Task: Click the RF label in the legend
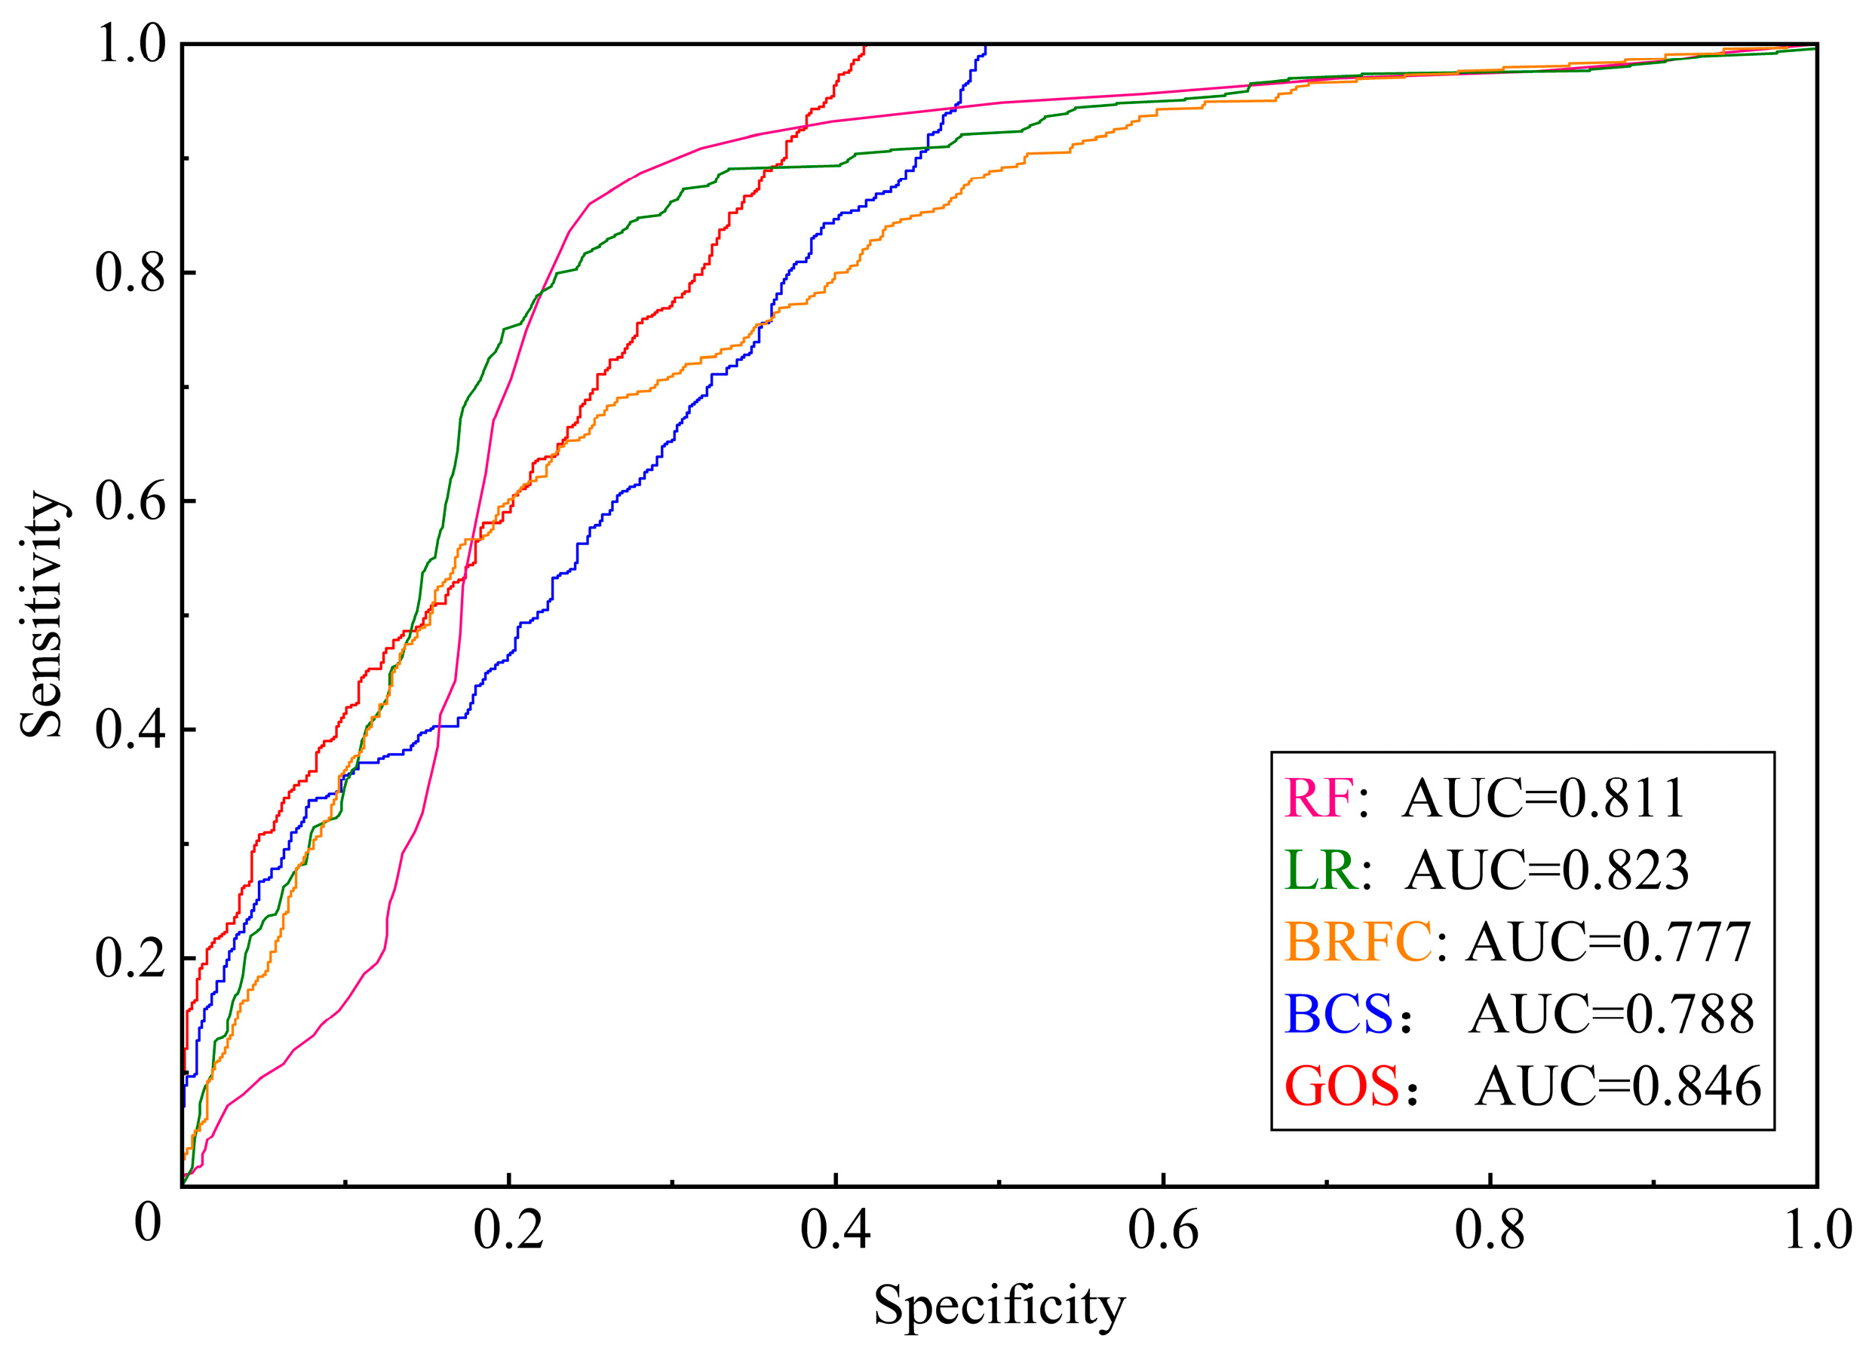pos(1319,798)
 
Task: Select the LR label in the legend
pos(1321,870)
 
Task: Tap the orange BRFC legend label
pos(1358,942)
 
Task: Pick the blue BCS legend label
pos(1339,1013)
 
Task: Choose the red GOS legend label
pos(1342,1086)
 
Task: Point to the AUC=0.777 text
pos(1609,942)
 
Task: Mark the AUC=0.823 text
pos(1547,870)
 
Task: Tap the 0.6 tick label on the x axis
pos(1162,1231)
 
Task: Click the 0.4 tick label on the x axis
pos(835,1231)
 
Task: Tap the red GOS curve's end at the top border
pos(864,46)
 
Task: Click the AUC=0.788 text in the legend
pos(1611,1013)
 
